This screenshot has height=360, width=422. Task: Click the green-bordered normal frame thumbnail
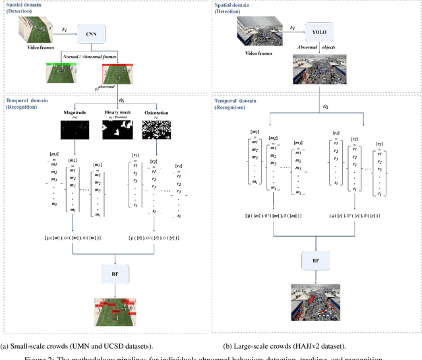click(63, 73)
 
